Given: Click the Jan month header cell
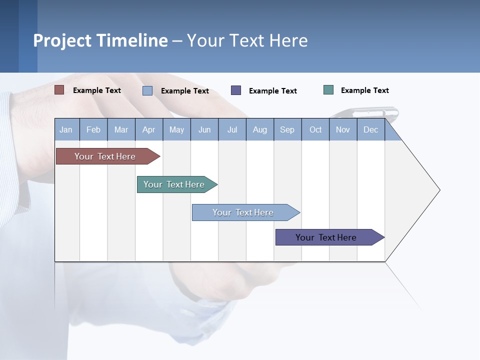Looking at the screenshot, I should tap(66, 129).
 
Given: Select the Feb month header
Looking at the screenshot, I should tap(93, 129).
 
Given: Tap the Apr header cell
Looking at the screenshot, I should tap(149, 129).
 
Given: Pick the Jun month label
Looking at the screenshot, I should tap(204, 129).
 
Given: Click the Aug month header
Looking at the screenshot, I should tap(260, 129).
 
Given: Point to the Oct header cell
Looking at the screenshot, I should tap(315, 129).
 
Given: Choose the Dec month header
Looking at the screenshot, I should tap(371, 129).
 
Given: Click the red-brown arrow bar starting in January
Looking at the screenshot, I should tap(105, 156).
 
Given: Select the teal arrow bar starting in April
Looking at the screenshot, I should tap(174, 184).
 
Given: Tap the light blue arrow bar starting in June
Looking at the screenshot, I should tap(243, 212).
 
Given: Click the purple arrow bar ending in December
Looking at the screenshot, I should tap(326, 237).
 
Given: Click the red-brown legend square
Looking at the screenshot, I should tap(59, 90).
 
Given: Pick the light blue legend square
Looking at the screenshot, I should tap(147, 90).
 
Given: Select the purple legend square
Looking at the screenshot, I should tap(236, 90).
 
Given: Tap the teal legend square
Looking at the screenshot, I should tap(328, 90).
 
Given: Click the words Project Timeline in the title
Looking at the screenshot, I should tap(100, 40).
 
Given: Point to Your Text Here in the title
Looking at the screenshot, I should tap(247, 40).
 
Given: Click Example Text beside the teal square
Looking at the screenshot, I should tap(364, 90).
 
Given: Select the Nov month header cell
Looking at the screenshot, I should tap(343, 129).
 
